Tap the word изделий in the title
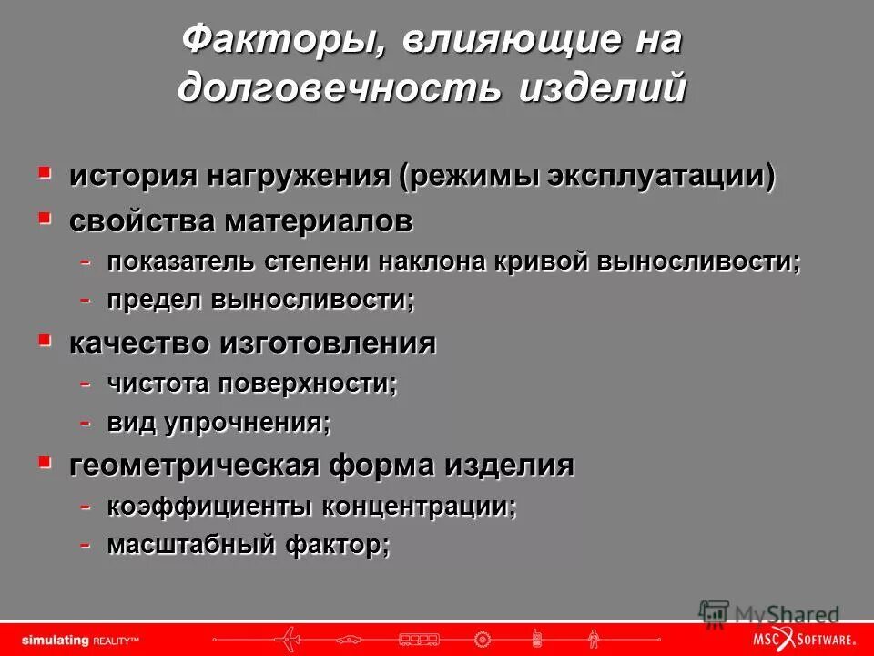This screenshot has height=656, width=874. (x=603, y=89)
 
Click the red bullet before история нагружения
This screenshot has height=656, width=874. (x=45, y=170)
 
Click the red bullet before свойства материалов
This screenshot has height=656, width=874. (x=45, y=217)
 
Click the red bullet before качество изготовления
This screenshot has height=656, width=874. (x=45, y=339)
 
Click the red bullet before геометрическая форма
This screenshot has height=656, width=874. (x=45, y=461)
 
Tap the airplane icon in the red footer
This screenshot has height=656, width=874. (x=289, y=635)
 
